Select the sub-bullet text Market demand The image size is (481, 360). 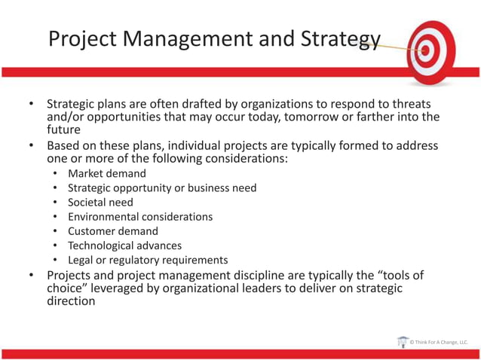point(107,173)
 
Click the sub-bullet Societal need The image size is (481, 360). point(100,202)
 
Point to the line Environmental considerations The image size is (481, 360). point(140,216)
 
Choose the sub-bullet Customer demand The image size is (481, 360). point(113,231)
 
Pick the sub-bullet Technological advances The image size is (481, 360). point(124,246)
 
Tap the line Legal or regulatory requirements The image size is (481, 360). point(148,260)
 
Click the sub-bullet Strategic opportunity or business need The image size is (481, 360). point(162,188)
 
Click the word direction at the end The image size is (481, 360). point(71,301)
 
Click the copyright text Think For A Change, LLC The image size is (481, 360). point(441,343)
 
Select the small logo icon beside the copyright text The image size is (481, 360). point(403,342)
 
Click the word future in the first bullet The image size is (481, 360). point(64,130)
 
